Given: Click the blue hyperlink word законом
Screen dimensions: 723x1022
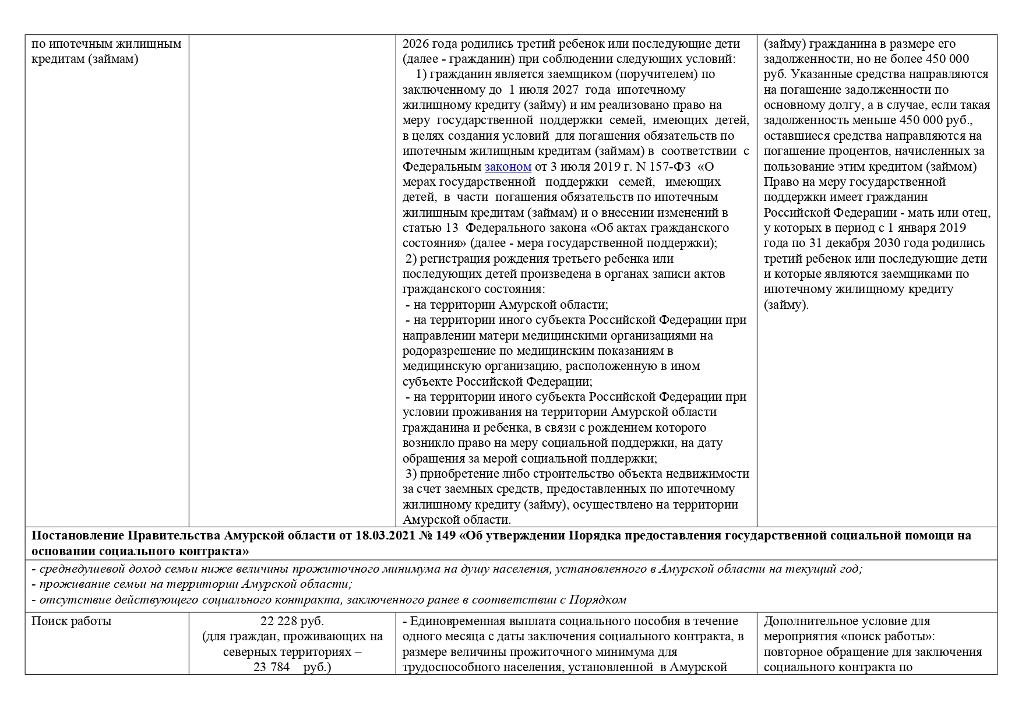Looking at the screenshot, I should click(x=508, y=167).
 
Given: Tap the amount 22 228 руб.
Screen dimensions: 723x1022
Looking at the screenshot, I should click(x=292, y=621).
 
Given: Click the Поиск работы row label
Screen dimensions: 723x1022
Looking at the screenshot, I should click(x=71, y=621).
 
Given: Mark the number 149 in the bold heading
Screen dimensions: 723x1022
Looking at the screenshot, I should click(x=446, y=535).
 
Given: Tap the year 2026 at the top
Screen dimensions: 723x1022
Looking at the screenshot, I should click(x=415, y=44).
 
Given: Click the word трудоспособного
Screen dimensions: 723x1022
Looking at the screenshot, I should click(x=452, y=667).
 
